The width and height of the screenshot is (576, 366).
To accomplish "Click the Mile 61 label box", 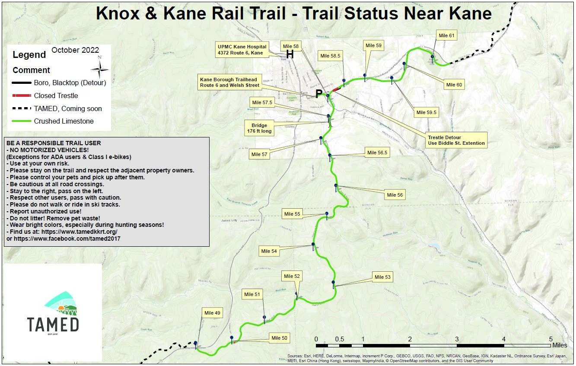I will pyautogui.click(x=446, y=35).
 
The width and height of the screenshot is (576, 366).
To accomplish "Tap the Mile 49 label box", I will pyautogui.click(x=212, y=313).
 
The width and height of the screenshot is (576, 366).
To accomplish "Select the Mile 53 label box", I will pyautogui.click(x=382, y=277).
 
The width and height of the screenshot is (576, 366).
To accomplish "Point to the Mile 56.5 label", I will pyautogui.click(x=377, y=153).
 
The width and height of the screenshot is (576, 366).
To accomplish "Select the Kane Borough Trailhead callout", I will pyautogui.click(x=229, y=82).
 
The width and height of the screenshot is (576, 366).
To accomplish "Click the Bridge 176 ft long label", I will pyautogui.click(x=259, y=128).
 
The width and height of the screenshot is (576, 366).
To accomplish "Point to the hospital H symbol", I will pyautogui.click(x=290, y=54).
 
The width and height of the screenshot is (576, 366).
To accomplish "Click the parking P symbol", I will pyautogui.click(x=319, y=94).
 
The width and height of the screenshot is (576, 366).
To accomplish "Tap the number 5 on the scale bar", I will pyautogui.click(x=551, y=339).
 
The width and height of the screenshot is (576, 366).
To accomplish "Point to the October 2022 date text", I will pyautogui.click(x=75, y=50).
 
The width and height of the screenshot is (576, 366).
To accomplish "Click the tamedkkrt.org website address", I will pyautogui.click(x=80, y=232).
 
